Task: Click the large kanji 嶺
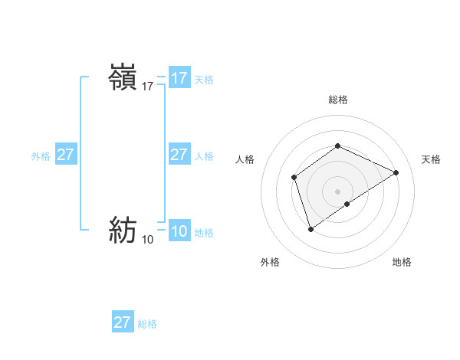[123, 78]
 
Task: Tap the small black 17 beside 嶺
[148, 87]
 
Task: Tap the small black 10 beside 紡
[148, 240]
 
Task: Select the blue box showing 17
[179, 78]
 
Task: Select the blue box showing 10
[179, 231]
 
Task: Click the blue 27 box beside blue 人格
[179, 155]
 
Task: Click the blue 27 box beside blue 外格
[65, 155]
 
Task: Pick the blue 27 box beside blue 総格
[122, 322]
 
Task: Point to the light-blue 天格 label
[203, 80]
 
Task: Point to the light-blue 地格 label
[204, 233]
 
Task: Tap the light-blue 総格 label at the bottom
[147, 324]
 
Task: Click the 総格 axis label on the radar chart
[337, 100]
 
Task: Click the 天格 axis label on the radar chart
[431, 159]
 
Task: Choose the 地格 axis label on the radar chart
[402, 263]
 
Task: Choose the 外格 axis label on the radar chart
[270, 263]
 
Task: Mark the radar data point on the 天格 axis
[396, 173]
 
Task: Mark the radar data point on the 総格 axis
[337, 146]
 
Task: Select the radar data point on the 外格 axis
[310, 228]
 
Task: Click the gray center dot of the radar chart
[337, 191]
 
